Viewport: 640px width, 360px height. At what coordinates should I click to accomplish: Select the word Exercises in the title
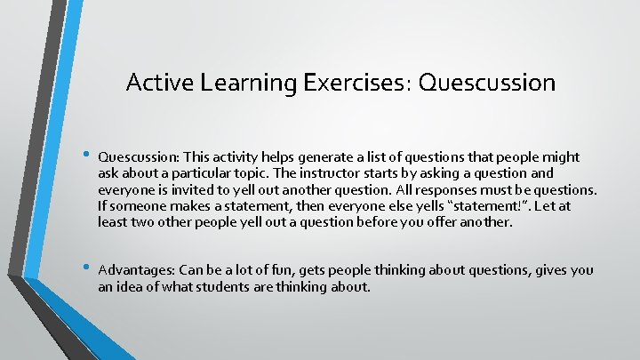pyautogui.click(x=356, y=83)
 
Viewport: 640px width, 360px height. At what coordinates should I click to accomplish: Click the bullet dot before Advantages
pyautogui.click(x=86, y=268)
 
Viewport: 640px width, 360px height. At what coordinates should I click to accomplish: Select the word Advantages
pyautogui.click(x=136, y=270)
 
